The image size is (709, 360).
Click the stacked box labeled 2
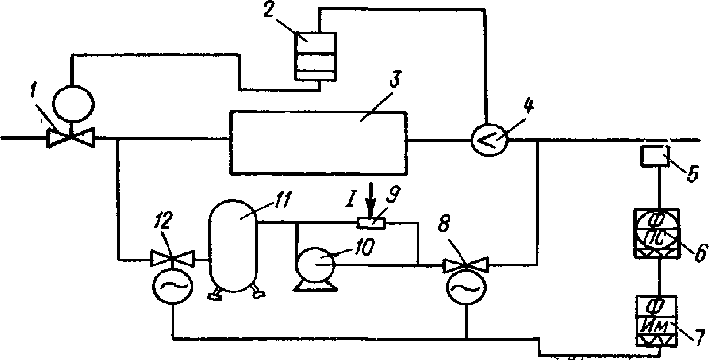point(316,56)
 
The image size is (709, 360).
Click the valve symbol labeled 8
point(465,265)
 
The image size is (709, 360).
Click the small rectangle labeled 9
point(371,223)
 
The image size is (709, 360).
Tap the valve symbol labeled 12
point(172,258)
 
